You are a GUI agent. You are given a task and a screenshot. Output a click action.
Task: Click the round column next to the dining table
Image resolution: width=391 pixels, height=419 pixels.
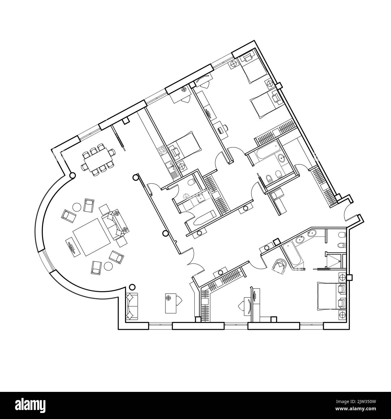pos(72,175)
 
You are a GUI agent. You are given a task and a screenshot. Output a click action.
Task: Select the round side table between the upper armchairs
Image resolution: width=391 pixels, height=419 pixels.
pos(77,207)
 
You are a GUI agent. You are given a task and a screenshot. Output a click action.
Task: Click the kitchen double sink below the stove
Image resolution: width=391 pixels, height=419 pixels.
pos(168,164)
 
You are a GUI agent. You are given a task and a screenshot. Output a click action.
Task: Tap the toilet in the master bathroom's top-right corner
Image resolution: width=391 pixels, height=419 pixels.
pos(341,235)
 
